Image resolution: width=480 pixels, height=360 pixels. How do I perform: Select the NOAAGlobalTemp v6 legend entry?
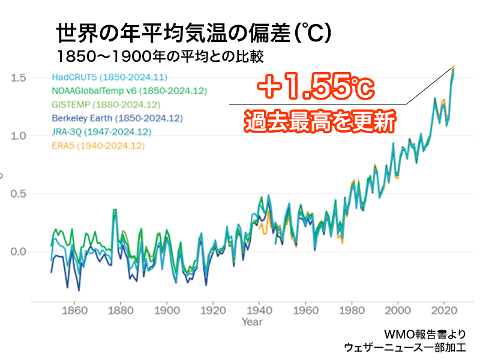point(129,91)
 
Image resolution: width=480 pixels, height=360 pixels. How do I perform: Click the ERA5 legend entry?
point(98,145)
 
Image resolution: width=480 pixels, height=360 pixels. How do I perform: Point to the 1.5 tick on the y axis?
point(18,78)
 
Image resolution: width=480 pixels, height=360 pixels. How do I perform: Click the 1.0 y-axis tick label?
point(18,136)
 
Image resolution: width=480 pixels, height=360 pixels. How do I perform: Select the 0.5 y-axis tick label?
point(18,194)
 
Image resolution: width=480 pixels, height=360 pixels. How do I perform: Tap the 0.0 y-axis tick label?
point(18,251)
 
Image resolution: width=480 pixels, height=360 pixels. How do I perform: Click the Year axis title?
point(252,322)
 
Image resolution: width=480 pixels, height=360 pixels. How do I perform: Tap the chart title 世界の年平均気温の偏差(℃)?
point(192,33)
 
